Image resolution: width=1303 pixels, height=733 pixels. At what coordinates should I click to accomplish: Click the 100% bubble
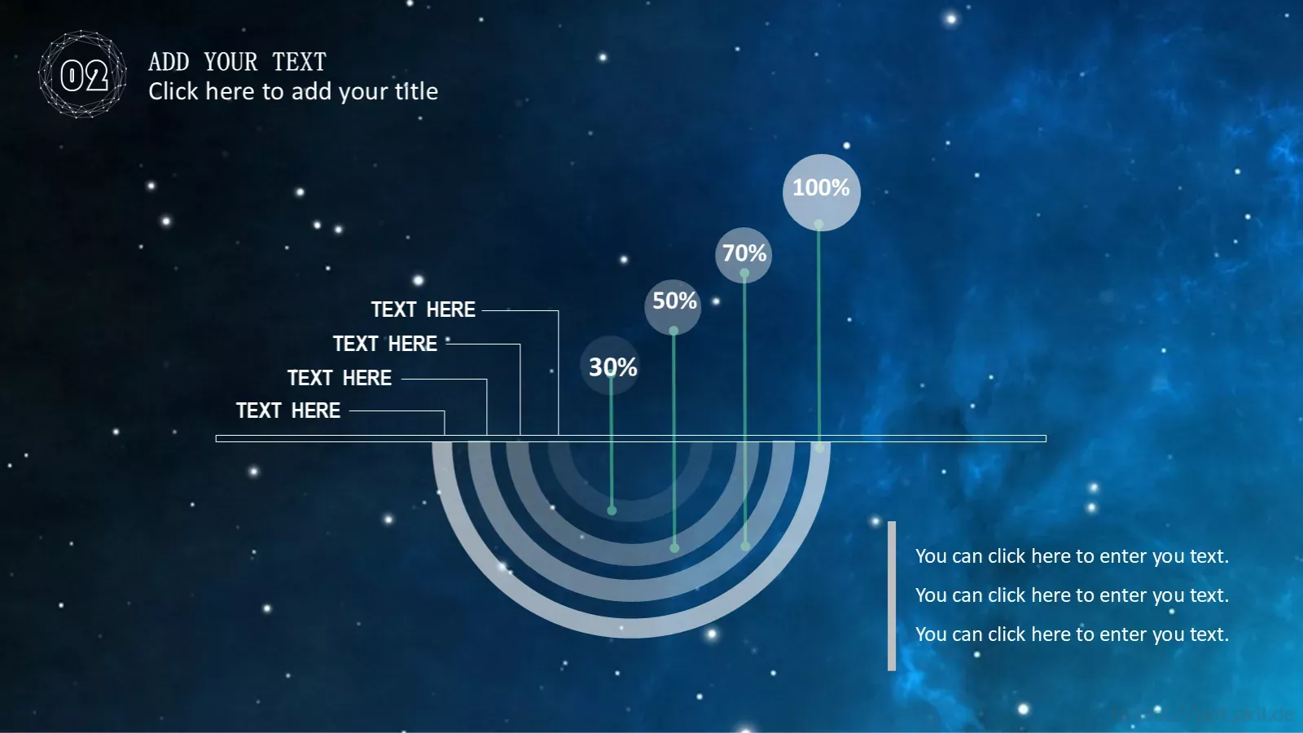822,192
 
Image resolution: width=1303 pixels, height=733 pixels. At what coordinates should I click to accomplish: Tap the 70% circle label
744,255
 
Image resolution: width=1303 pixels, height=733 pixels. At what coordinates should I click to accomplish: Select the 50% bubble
673,306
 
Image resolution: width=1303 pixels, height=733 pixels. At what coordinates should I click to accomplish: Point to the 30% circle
610,366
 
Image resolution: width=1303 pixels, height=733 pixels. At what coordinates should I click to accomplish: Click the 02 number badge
82,74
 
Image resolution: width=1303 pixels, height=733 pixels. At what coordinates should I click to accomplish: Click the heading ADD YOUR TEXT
237,62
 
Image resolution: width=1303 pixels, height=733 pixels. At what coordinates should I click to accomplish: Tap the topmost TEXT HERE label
423,309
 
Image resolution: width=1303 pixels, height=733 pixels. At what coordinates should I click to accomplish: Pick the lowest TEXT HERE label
288,410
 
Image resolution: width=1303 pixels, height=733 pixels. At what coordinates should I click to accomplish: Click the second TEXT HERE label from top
384,344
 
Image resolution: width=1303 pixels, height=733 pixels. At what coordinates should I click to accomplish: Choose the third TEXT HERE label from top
339,378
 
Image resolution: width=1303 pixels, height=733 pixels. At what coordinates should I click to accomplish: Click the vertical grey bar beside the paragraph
892,595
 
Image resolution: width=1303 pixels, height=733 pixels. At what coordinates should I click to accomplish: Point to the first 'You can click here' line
1072,556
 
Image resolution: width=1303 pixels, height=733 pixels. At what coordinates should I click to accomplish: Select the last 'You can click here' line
1072,634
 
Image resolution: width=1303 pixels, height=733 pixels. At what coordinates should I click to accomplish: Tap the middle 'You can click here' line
1072,595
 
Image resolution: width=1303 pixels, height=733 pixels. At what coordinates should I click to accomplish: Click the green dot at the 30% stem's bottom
612,510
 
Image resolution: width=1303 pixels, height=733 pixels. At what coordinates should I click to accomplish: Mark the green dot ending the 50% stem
674,547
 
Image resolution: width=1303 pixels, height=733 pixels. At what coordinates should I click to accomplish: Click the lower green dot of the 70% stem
745,546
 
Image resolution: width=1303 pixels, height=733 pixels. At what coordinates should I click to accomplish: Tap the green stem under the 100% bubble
819,336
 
